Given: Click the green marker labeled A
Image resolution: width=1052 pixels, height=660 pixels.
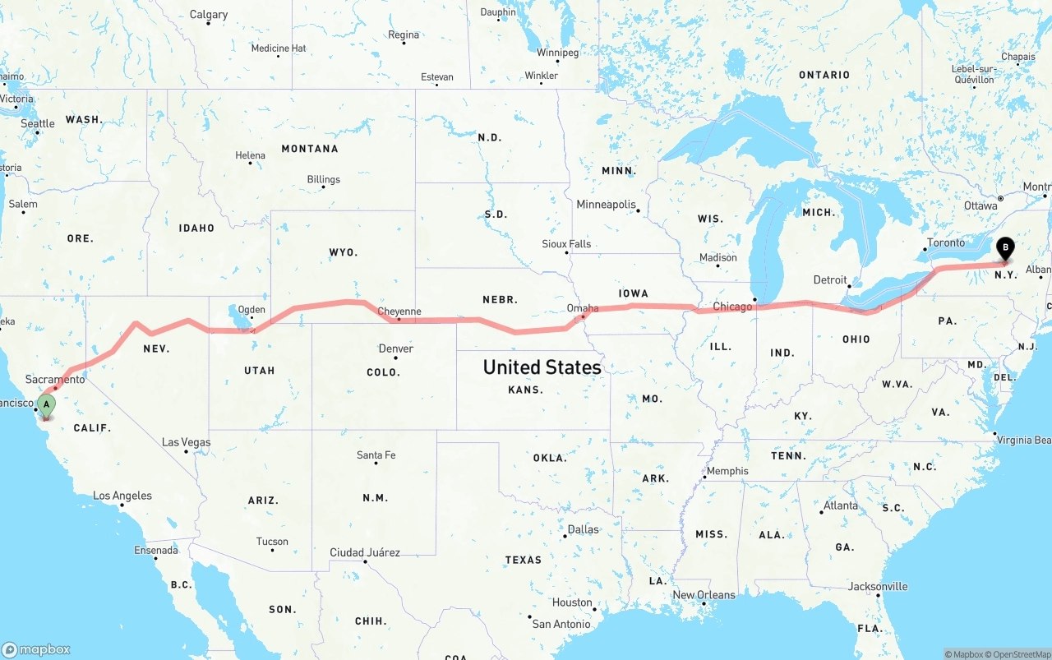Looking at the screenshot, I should pos(47,404).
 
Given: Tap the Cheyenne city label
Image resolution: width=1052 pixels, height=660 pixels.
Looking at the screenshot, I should pos(399,312).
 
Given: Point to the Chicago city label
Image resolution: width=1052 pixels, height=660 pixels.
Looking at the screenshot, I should pos(732,307).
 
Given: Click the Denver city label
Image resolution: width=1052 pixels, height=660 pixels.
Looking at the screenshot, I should pos(396,348).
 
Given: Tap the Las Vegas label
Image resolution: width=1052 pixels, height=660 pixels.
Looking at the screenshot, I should pos(186,442).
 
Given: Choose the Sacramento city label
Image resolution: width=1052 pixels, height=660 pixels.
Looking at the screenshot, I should pos(55,379).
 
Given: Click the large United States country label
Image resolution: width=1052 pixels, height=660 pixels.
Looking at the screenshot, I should pos(542,367).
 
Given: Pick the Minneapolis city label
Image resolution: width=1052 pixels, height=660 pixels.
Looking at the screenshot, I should pos(607,204).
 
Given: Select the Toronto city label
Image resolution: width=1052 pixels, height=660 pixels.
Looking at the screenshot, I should pos(946,243).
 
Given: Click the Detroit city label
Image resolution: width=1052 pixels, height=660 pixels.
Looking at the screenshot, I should pos(830,280).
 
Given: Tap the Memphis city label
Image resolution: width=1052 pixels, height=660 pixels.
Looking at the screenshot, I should pos(727,471).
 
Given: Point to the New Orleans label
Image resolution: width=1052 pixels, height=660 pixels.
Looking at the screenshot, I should pos(704,595).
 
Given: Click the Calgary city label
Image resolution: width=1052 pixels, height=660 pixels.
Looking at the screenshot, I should pos(209,15).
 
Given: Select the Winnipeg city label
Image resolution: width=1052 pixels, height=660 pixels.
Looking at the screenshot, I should pos(557,53).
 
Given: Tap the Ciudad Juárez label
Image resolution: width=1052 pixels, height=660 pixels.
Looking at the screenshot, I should pos(365,552).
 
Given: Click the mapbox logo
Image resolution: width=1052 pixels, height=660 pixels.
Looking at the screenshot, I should pos(37,649).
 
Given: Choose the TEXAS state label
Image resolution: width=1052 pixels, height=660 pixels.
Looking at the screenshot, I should pos(524,560).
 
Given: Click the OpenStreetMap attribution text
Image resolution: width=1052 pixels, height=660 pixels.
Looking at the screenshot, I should pos(1020,654).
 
